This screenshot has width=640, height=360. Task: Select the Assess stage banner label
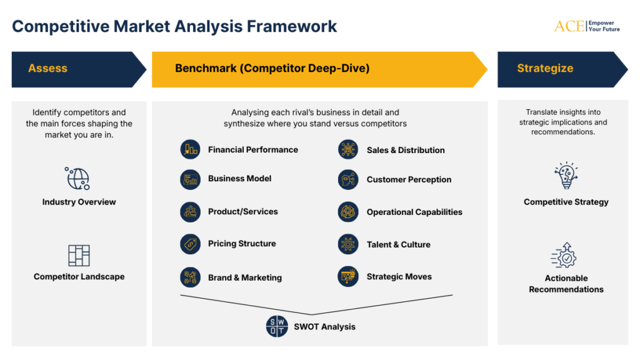point(47,69)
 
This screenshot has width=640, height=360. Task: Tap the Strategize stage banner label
point(545,69)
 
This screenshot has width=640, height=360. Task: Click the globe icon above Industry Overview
point(79,179)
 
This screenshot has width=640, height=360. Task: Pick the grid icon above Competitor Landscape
point(79,255)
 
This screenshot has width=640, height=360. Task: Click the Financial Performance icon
point(190,149)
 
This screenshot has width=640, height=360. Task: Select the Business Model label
point(239,179)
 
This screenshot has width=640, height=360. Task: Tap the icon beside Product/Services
point(190,212)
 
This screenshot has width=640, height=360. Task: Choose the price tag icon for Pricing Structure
point(190,244)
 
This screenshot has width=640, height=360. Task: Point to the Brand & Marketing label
point(244,277)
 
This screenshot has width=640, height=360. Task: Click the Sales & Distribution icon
point(348,150)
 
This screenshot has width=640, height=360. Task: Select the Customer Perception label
point(409,179)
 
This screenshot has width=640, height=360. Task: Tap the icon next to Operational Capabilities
point(348,212)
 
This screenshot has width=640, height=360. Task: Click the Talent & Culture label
point(398,244)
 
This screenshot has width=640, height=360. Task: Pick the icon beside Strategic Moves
point(348,276)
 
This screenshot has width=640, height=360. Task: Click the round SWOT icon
point(277,326)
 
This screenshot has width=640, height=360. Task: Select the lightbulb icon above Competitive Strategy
point(566,176)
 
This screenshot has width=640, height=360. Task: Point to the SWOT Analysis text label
point(324,326)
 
